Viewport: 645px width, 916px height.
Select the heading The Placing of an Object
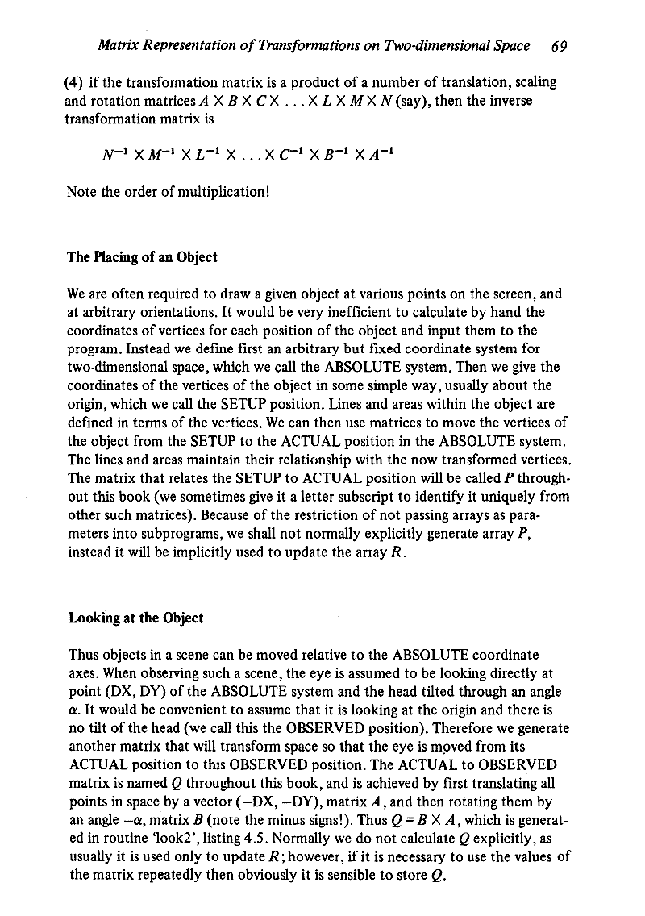coord(142,257)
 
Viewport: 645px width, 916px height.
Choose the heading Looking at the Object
coord(135,618)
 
